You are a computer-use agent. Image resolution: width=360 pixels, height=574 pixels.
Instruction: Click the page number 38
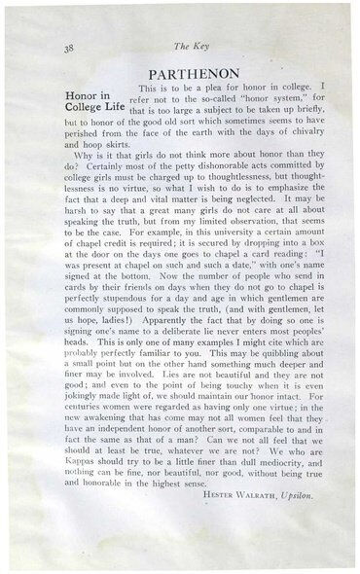42,45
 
